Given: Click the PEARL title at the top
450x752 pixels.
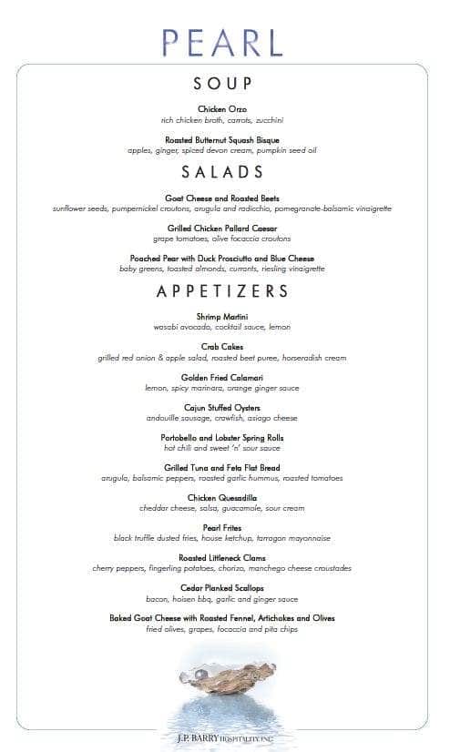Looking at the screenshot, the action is (222, 42).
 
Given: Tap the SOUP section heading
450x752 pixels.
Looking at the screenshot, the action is (222, 84).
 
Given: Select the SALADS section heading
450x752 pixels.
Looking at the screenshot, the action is (222, 172).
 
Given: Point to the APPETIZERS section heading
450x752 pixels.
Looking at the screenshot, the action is (222, 291).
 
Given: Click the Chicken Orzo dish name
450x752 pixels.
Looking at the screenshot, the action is (222, 109).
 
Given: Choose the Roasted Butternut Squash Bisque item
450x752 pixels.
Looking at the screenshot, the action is (222, 140).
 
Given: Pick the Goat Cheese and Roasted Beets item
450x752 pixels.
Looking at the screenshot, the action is (222, 198).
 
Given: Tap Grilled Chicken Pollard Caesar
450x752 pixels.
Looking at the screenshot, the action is (222, 228).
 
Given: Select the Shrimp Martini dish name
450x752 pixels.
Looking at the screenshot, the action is (222, 317).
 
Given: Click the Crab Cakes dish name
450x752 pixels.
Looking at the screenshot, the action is (222, 347).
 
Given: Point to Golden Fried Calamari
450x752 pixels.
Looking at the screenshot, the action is (222, 377).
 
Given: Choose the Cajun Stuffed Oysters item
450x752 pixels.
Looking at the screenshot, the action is (222, 407).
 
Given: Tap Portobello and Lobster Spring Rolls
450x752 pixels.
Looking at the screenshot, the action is (222, 437).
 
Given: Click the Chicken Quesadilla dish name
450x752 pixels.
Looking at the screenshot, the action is (222, 498).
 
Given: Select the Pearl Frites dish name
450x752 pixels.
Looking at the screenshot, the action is (222, 528).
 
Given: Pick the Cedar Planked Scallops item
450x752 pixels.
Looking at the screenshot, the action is (222, 588).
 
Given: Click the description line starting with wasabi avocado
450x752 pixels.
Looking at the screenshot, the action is (222, 327).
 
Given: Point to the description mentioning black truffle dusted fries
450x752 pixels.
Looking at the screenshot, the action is (222, 538).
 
